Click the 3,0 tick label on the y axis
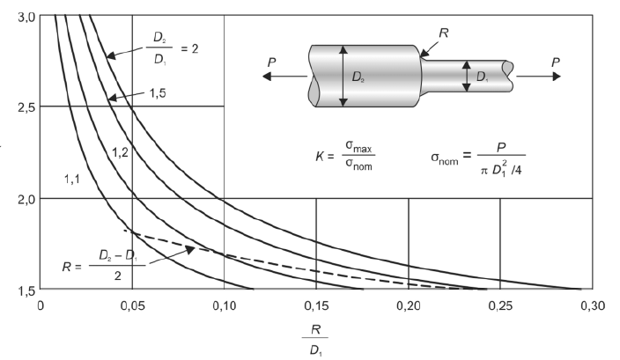[x=27, y=18]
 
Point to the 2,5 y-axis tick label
[x=27, y=107]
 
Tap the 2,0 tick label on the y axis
[x=27, y=199]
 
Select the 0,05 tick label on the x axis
[x=132, y=305]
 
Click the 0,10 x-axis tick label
[x=225, y=305]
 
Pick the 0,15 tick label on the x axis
[x=316, y=305]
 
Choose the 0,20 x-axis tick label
[x=409, y=305]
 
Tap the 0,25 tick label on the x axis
[x=500, y=305]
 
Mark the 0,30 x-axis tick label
[x=593, y=305]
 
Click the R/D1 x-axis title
[x=315, y=340]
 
